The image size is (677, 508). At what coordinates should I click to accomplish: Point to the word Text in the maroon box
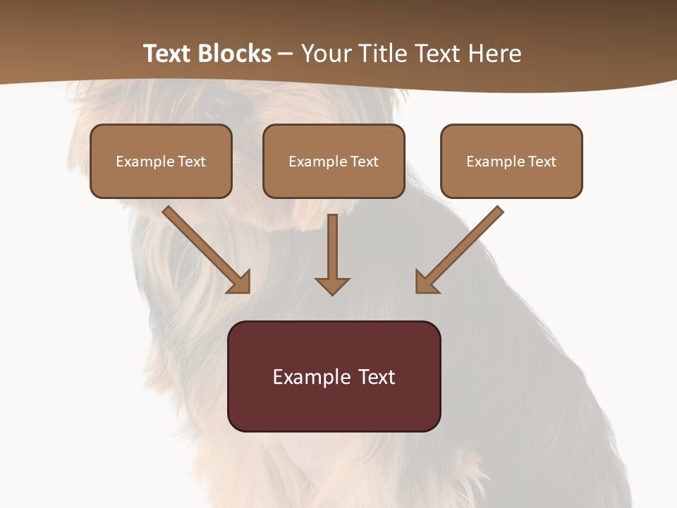[x=377, y=377]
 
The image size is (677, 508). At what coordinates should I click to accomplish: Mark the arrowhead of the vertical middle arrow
[x=332, y=286]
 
